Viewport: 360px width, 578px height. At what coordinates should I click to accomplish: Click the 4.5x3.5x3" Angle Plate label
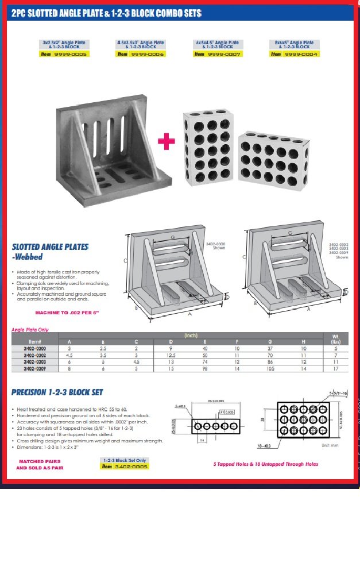141,43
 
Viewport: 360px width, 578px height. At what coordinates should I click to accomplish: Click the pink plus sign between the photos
167,141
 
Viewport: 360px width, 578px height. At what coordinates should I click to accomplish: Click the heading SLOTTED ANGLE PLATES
51,246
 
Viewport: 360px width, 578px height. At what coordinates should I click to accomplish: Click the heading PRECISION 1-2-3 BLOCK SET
57,392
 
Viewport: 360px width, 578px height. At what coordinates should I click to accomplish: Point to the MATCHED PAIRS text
41,461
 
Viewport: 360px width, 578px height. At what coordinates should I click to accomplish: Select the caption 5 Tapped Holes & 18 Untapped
265,464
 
